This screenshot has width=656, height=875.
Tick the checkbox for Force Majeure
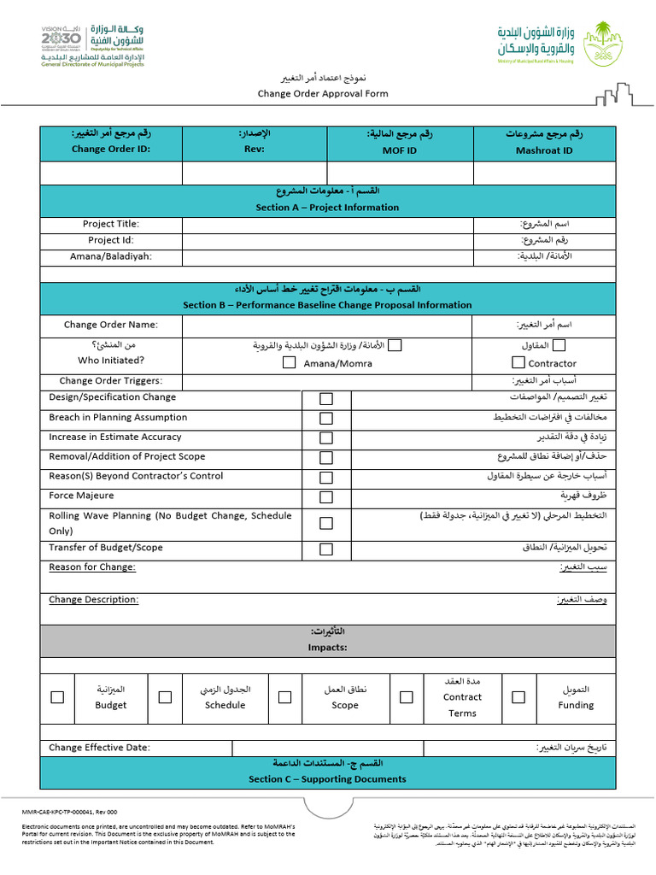coord(326,497)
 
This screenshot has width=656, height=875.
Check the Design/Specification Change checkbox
coord(326,399)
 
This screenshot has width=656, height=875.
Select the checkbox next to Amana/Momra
coord(290,362)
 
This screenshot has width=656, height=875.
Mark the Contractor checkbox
coord(518,362)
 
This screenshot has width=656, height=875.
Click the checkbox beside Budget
coord(57,697)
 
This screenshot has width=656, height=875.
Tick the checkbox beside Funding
coord(518,697)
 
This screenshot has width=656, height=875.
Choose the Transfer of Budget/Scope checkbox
coord(326,549)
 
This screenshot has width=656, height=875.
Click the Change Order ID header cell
coord(111,142)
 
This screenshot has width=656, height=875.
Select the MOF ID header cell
coord(400,142)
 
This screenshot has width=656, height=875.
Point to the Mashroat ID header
coord(544,142)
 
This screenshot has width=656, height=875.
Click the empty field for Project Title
coord(327,225)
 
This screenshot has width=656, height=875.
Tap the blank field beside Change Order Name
coord(327,325)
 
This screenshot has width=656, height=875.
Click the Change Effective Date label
coord(99,748)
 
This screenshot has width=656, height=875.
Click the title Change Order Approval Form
coord(323,94)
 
